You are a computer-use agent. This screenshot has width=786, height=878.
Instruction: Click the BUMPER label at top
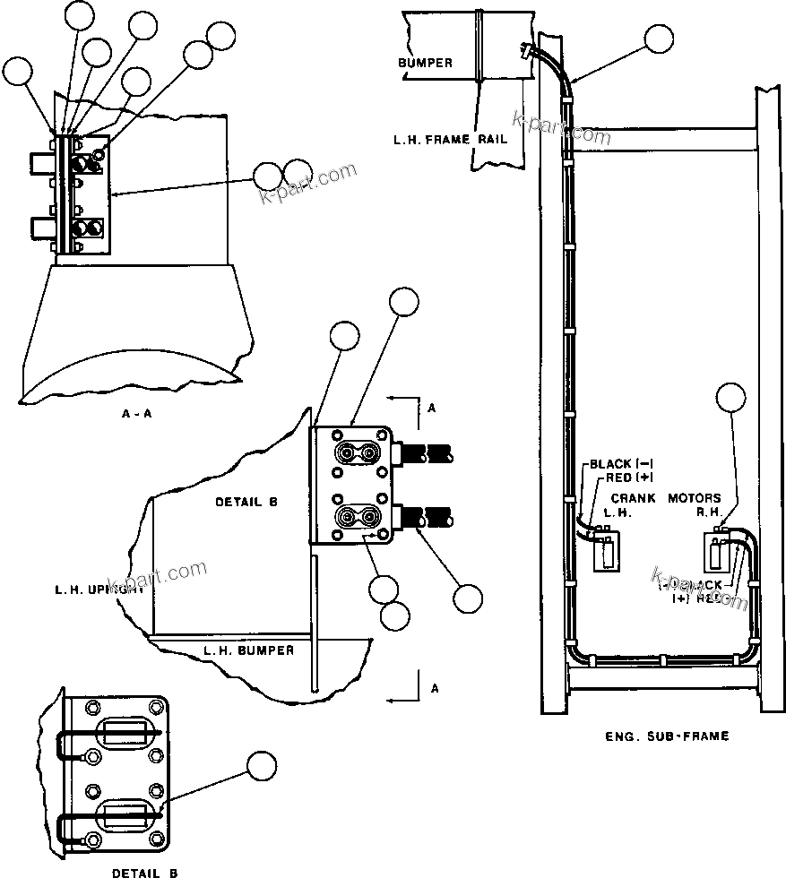[425, 64]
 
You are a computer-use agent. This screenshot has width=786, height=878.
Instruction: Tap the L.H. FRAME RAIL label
[437, 140]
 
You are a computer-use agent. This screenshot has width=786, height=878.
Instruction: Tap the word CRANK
[633, 498]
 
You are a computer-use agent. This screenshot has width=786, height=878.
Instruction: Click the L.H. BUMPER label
[248, 650]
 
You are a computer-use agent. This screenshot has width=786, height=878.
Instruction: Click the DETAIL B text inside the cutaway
[246, 503]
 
